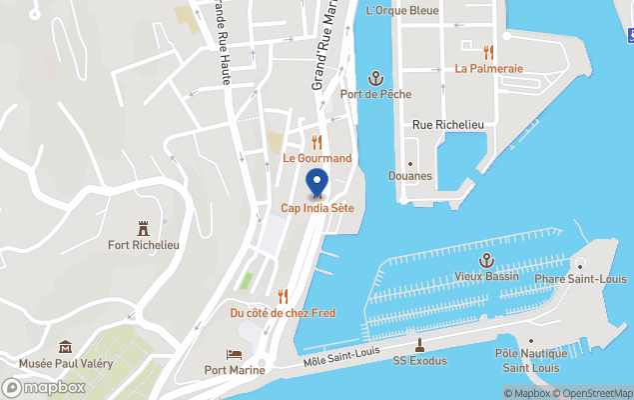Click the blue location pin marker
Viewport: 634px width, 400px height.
click(317, 184)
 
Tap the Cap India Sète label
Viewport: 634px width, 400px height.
click(317, 208)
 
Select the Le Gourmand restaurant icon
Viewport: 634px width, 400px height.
click(317, 142)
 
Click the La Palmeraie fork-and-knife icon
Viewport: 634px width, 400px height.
click(488, 52)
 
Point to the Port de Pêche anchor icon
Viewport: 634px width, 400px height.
click(375, 78)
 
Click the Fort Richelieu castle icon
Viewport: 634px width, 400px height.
click(143, 229)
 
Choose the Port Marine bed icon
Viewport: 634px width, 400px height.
click(234, 355)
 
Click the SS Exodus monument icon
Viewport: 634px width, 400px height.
click(419, 345)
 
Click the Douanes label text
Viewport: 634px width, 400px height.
click(410, 176)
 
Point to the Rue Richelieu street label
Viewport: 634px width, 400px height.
click(448, 124)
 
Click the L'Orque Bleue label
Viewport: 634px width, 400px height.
click(402, 11)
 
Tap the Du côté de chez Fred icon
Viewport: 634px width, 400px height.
click(283, 296)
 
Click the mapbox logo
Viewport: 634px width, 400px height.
click(44, 387)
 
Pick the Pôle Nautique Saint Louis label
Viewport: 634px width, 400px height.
click(530, 360)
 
